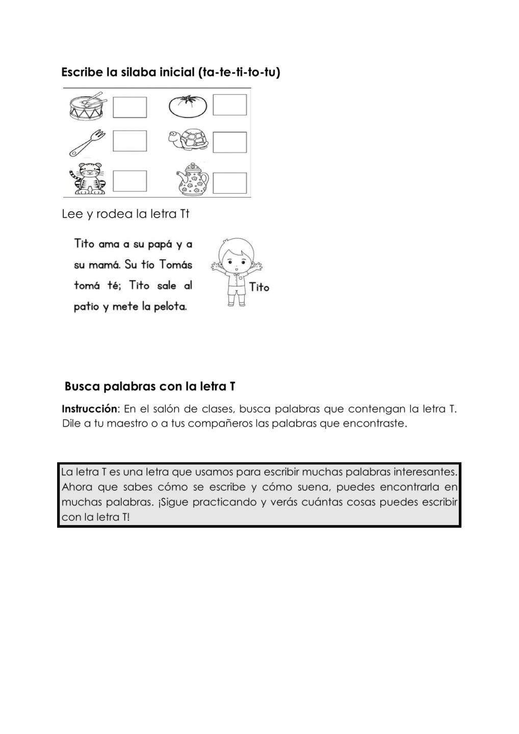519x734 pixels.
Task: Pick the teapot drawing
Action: click(192, 179)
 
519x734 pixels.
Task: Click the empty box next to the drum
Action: click(129, 107)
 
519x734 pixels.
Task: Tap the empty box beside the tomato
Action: click(229, 105)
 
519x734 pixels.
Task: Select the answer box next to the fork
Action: click(129, 141)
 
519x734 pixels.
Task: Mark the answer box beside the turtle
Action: click(229, 142)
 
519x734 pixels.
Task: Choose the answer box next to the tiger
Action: click(129, 181)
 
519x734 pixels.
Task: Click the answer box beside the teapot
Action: click(229, 182)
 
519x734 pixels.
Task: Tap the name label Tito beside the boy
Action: click(259, 287)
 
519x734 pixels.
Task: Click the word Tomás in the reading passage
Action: click(175, 265)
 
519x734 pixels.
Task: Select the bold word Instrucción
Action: click(89, 409)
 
